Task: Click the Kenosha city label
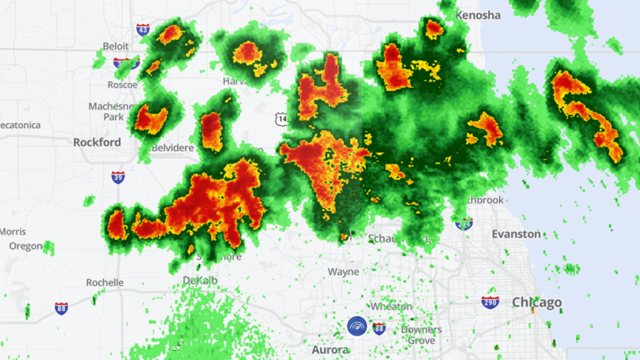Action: tap(478, 15)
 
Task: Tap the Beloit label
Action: tap(116, 46)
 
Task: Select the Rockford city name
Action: tap(97, 142)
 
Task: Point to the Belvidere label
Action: tap(173, 148)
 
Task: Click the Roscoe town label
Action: tap(123, 85)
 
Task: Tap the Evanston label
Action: tap(516, 234)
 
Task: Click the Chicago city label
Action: tap(537, 303)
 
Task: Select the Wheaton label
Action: tap(391, 307)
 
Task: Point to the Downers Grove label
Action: tap(421, 335)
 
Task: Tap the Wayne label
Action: tap(343, 272)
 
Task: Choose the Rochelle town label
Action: tap(105, 283)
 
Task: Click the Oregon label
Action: tap(26, 246)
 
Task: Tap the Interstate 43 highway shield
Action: tap(142, 29)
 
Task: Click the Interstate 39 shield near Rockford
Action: tap(118, 177)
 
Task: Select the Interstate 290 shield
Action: tap(490, 303)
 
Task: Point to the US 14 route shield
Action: tap(282, 119)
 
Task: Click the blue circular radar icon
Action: tap(357, 326)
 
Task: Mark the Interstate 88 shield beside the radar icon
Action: tap(379, 329)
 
